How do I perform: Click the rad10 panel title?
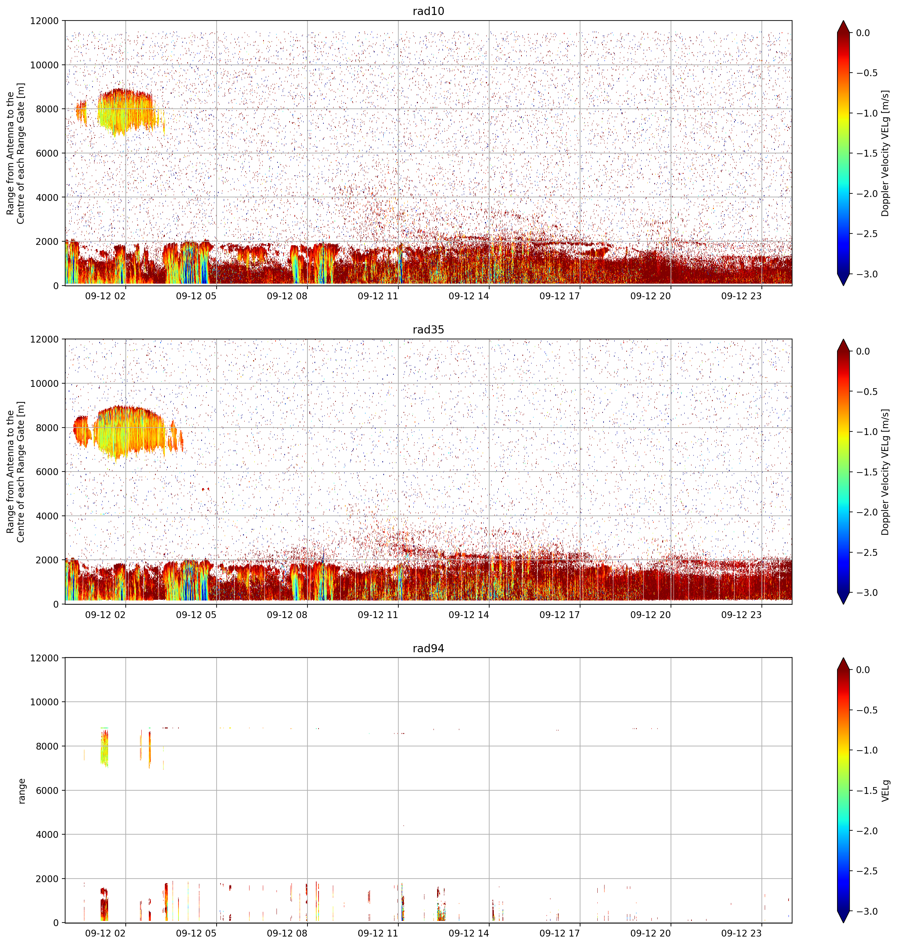[x=428, y=11]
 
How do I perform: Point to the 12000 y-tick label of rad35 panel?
[x=45, y=339]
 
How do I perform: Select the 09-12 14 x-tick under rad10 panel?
[x=469, y=296]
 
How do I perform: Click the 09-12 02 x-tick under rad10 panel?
[x=105, y=296]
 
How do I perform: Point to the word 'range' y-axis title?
[x=21, y=791]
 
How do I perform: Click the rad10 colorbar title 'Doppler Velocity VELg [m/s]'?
[x=886, y=153]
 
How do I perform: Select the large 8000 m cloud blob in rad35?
[x=129, y=430]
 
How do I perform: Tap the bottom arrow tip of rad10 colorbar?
[x=844, y=285]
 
